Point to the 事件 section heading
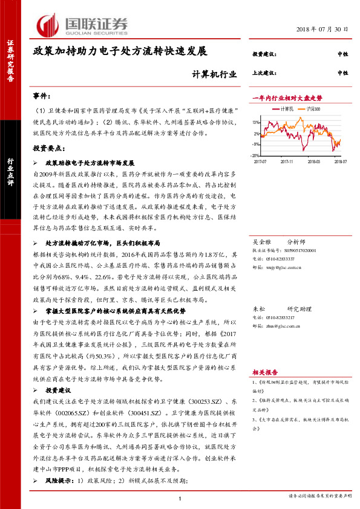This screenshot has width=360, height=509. click(x=42, y=96)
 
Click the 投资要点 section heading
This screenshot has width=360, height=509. click(x=49, y=148)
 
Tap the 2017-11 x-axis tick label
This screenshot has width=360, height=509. click(x=288, y=162)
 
